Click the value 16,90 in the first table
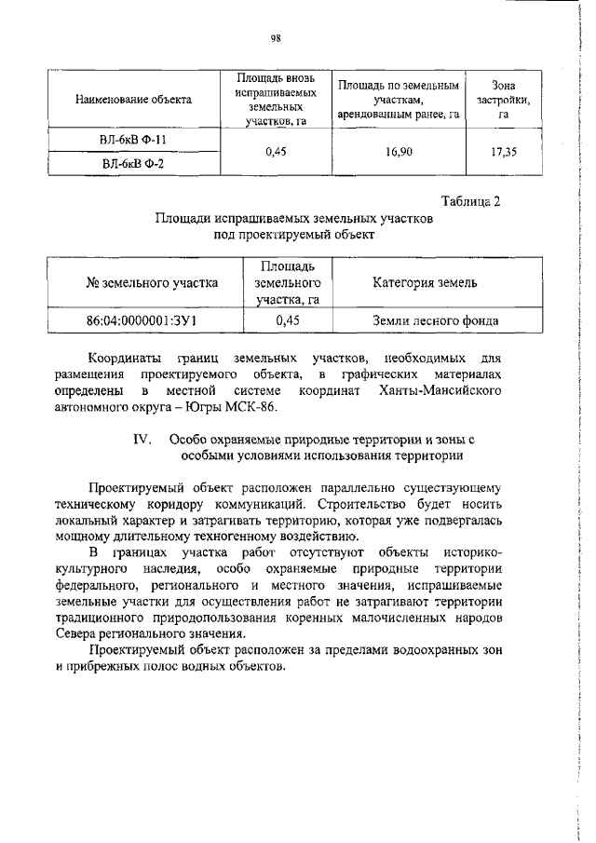click(399, 151)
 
